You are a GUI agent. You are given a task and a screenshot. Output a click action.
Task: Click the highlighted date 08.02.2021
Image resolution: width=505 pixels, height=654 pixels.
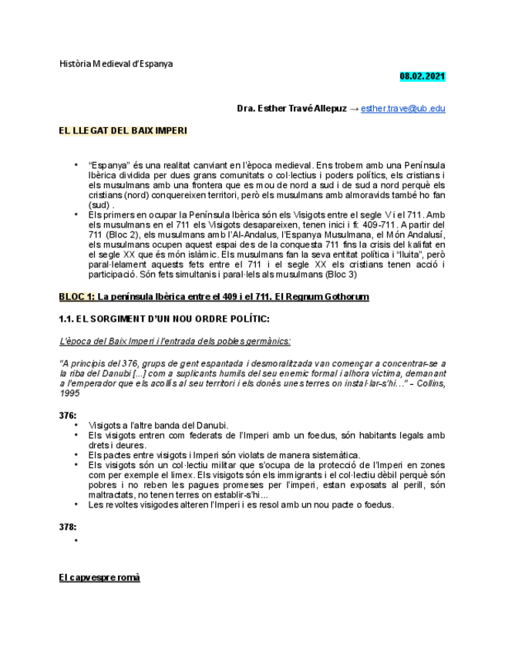422,76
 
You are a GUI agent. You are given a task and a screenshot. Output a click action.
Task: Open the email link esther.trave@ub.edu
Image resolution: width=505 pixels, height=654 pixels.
402,109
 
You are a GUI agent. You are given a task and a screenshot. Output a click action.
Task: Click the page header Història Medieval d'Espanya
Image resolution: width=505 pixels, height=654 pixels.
116,63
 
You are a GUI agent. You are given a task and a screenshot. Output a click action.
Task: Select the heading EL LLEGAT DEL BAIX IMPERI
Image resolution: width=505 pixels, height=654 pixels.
123,130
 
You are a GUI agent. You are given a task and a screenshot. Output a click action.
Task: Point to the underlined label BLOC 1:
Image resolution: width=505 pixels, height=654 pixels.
77,297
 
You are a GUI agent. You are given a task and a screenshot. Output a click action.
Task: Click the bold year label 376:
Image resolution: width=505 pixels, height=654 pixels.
68,415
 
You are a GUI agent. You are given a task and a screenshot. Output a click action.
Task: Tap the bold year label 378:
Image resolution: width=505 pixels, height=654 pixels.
68,528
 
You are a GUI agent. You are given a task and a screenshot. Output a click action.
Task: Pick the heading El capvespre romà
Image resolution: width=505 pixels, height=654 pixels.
99,578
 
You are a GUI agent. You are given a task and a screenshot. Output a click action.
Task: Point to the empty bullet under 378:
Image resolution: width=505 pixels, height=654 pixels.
76,541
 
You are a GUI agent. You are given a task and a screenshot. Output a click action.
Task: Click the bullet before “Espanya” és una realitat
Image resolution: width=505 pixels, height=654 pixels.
76,165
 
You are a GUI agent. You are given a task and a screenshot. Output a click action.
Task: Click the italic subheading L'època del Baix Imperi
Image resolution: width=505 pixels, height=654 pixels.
175,341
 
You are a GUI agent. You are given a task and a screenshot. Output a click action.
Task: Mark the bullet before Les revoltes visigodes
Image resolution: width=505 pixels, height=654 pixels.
76,505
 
